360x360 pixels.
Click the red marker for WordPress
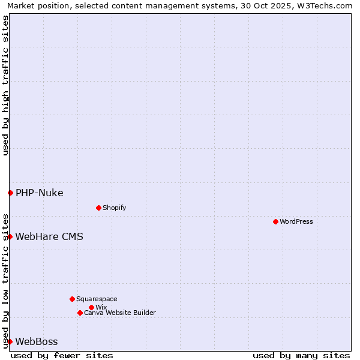(275, 221)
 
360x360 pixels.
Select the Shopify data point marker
(98, 208)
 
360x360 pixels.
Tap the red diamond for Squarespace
(72, 299)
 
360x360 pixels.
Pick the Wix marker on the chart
(91, 307)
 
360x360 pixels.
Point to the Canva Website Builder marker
(80, 313)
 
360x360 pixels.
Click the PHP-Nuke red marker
(10, 193)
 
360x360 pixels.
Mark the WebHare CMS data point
(10, 236)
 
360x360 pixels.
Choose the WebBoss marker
(10, 341)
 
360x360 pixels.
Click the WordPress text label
(296, 221)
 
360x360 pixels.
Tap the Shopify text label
(114, 208)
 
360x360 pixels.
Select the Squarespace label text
(97, 299)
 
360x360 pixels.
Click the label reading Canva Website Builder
(120, 313)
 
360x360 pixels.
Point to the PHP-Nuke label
(39, 193)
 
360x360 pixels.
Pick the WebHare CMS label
(49, 236)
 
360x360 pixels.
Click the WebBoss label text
(37, 341)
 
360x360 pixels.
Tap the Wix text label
(101, 307)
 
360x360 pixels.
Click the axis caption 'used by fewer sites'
(62, 355)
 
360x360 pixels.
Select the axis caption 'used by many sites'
(301, 355)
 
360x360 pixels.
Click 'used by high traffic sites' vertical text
(5, 85)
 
